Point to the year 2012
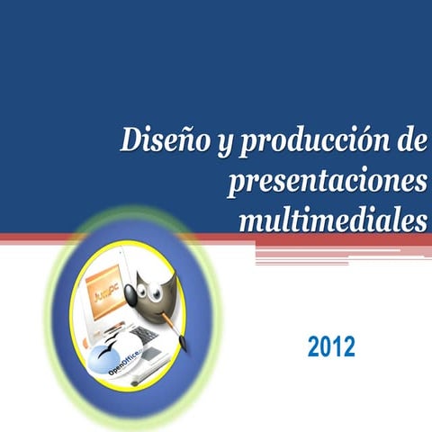point(331,345)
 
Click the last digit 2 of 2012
point(348,345)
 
